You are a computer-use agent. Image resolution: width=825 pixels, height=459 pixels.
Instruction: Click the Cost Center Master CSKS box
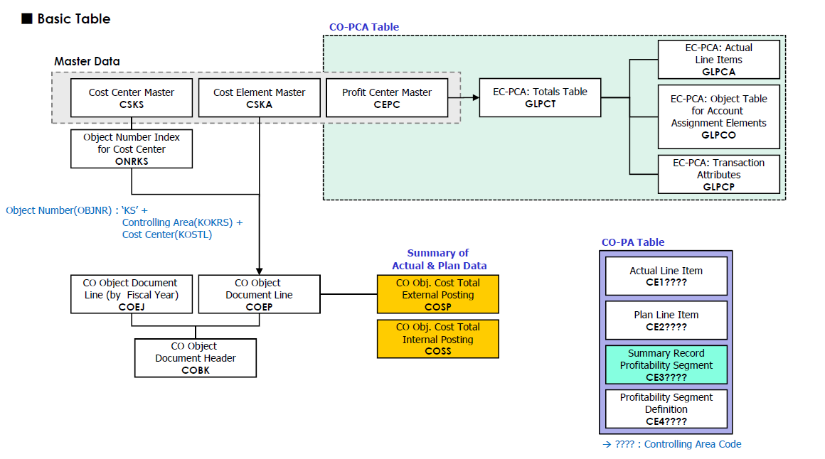(x=132, y=98)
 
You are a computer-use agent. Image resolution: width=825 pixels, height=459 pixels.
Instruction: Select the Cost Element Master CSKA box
(x=259, y=98)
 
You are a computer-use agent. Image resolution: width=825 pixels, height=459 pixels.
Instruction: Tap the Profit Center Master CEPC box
(x=386, y=98)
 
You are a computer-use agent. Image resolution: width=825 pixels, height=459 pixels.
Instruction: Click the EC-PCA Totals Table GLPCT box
(x=540, y=97)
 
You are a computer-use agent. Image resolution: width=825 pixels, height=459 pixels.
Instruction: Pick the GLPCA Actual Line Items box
(x=718, y=59)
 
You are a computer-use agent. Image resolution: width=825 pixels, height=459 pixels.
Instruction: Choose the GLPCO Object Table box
(x=718, y=117)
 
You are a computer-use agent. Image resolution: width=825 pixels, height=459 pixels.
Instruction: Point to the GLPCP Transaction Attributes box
(x=718, y=174)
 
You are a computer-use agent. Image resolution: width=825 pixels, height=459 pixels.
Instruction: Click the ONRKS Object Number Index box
(x=132, y=148)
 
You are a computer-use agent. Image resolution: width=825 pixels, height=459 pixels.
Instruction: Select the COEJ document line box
(x=132, y=294)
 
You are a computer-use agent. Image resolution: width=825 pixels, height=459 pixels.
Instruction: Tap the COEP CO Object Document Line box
(x=259, y=294)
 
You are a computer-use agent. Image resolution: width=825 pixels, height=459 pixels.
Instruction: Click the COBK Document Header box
(x=196, y=357)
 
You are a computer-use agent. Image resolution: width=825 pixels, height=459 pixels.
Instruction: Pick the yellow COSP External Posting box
(x=437, y=294)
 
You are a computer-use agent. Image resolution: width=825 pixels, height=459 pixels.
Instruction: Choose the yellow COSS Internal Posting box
(x=437, y=339)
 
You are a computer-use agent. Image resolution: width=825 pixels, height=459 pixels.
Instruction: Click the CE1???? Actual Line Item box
(x=666, y=276)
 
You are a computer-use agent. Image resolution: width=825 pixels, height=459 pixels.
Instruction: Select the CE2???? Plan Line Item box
(x=666, y=320)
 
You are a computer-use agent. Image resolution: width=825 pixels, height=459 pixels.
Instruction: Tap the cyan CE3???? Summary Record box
(x=666, y=364)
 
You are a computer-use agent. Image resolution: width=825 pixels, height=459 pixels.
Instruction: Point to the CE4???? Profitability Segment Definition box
(x=666, y=409)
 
